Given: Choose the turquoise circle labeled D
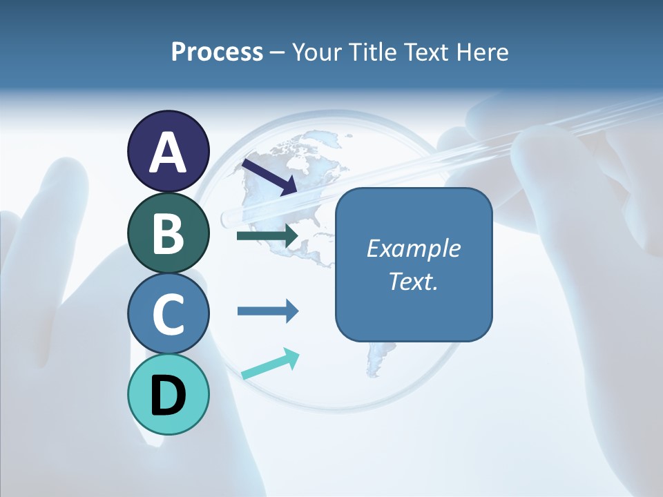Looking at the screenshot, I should (x=169, y=395).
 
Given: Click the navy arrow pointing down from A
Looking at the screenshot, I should (x=269, y=177).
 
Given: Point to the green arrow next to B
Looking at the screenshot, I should (x=267, y=236).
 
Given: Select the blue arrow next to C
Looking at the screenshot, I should (x=267, y=311).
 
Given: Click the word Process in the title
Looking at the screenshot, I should (x=217, y=52).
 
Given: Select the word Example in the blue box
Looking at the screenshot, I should (x=414, y=248).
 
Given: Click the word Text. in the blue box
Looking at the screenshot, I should (x=414, y=281).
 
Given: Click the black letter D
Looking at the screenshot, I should (x=169, y=396).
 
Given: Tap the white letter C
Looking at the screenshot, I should (x=169, y=315).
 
